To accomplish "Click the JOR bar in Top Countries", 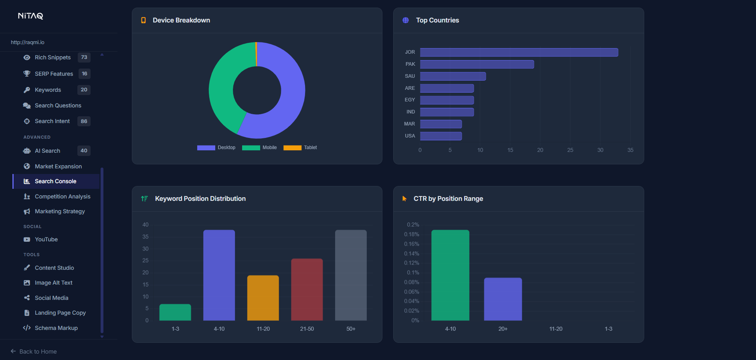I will [519, 53].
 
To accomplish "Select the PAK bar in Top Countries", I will [477, 65].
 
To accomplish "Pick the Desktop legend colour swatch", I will [206, 148].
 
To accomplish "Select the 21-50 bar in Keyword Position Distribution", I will [307, 289].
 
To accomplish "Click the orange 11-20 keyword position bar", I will [263, 298].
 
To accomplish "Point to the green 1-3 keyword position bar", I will [175, 312].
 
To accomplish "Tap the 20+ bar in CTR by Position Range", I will [503, 299].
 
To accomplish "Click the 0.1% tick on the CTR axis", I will [413, 273].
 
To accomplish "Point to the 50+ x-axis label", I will [351, 329].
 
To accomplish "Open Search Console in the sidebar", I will [55, 181].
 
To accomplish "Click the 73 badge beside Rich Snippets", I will [84, 57].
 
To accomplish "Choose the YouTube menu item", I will [46, 239].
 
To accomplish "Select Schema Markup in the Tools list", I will [56, 328].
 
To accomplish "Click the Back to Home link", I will [38, 352].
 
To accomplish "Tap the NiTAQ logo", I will [30, 16].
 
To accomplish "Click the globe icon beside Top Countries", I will [406, 20].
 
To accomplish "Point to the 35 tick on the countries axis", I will [630, 150].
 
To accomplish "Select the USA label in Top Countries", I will [410, 136].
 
